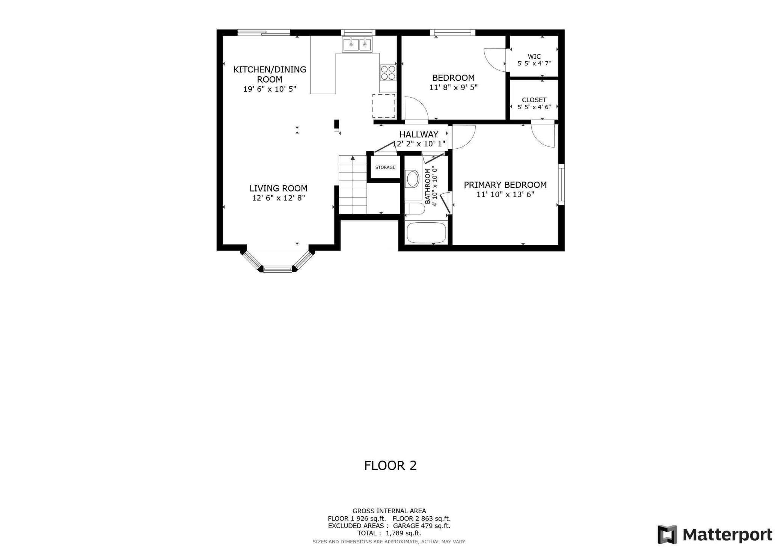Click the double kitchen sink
(357, 45)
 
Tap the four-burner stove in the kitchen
(388, 72)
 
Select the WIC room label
(534, 57)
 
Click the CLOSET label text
(534, 100)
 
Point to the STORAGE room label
(385, 167)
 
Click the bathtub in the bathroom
(426, 233)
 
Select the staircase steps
(353, 184)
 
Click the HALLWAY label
(419, 134)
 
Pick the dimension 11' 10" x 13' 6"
(505, 195)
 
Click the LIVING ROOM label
(278, 188)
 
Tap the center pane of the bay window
(277, 268)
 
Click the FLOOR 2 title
(390, 466)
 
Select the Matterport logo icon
(667, 534)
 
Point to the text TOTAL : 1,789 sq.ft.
(389, 533)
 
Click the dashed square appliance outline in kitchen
(384, 106)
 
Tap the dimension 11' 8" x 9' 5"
(453, 87)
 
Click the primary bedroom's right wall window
(561, 184)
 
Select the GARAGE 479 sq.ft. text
(422, 526)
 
